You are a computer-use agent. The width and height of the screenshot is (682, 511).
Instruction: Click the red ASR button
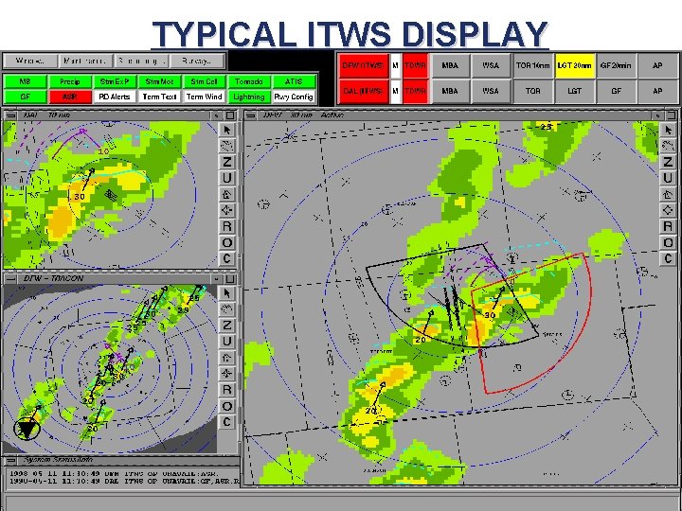70,97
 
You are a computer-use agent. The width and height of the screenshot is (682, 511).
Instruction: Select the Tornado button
249,82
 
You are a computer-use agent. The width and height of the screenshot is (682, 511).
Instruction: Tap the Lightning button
249,97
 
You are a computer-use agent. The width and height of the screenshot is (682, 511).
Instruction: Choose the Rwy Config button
294,97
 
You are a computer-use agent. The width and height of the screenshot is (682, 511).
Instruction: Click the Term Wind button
205,97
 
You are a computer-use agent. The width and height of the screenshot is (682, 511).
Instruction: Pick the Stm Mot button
160,82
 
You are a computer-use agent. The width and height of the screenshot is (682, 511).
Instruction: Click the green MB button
26,82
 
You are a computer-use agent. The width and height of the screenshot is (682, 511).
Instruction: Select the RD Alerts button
115,97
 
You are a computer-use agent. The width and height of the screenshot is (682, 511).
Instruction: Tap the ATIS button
294,82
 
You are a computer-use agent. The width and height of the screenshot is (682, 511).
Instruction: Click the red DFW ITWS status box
363,65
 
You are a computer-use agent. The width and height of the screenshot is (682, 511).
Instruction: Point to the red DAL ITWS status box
363,91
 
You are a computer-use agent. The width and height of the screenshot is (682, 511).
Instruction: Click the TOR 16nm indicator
532,65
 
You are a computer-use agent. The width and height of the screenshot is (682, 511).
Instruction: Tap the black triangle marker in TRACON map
27,429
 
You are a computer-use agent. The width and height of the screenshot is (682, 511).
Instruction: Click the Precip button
70,82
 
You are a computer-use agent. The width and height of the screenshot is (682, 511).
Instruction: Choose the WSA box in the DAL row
490,91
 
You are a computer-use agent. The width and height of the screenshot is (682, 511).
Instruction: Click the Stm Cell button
205,82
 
